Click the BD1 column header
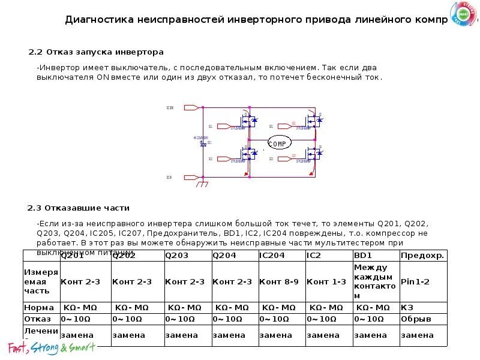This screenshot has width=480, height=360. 363,256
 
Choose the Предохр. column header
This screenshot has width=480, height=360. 422,256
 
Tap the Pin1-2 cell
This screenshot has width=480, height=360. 415,281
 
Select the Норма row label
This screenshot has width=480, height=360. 39,307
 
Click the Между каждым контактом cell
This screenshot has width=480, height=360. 375,281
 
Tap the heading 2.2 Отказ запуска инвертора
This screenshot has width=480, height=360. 96,52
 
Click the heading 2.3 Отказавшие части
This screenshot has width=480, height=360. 79,208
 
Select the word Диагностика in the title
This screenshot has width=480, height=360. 100,19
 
